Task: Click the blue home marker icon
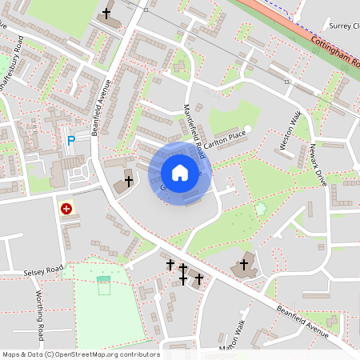pyautogui.click(x=180, y=172)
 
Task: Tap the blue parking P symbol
pyautogui.click(x=70, y=141)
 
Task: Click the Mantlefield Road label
pyautogui.click(x=195, y=131)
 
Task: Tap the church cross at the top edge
pyautogui.click(x=107, y=14)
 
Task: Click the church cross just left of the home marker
pyautogui.click(x=128, y=182)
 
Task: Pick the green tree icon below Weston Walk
pyautogui.click(x=260, y=210)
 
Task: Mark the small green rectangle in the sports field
pyautogui.click(x=104, y=279)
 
